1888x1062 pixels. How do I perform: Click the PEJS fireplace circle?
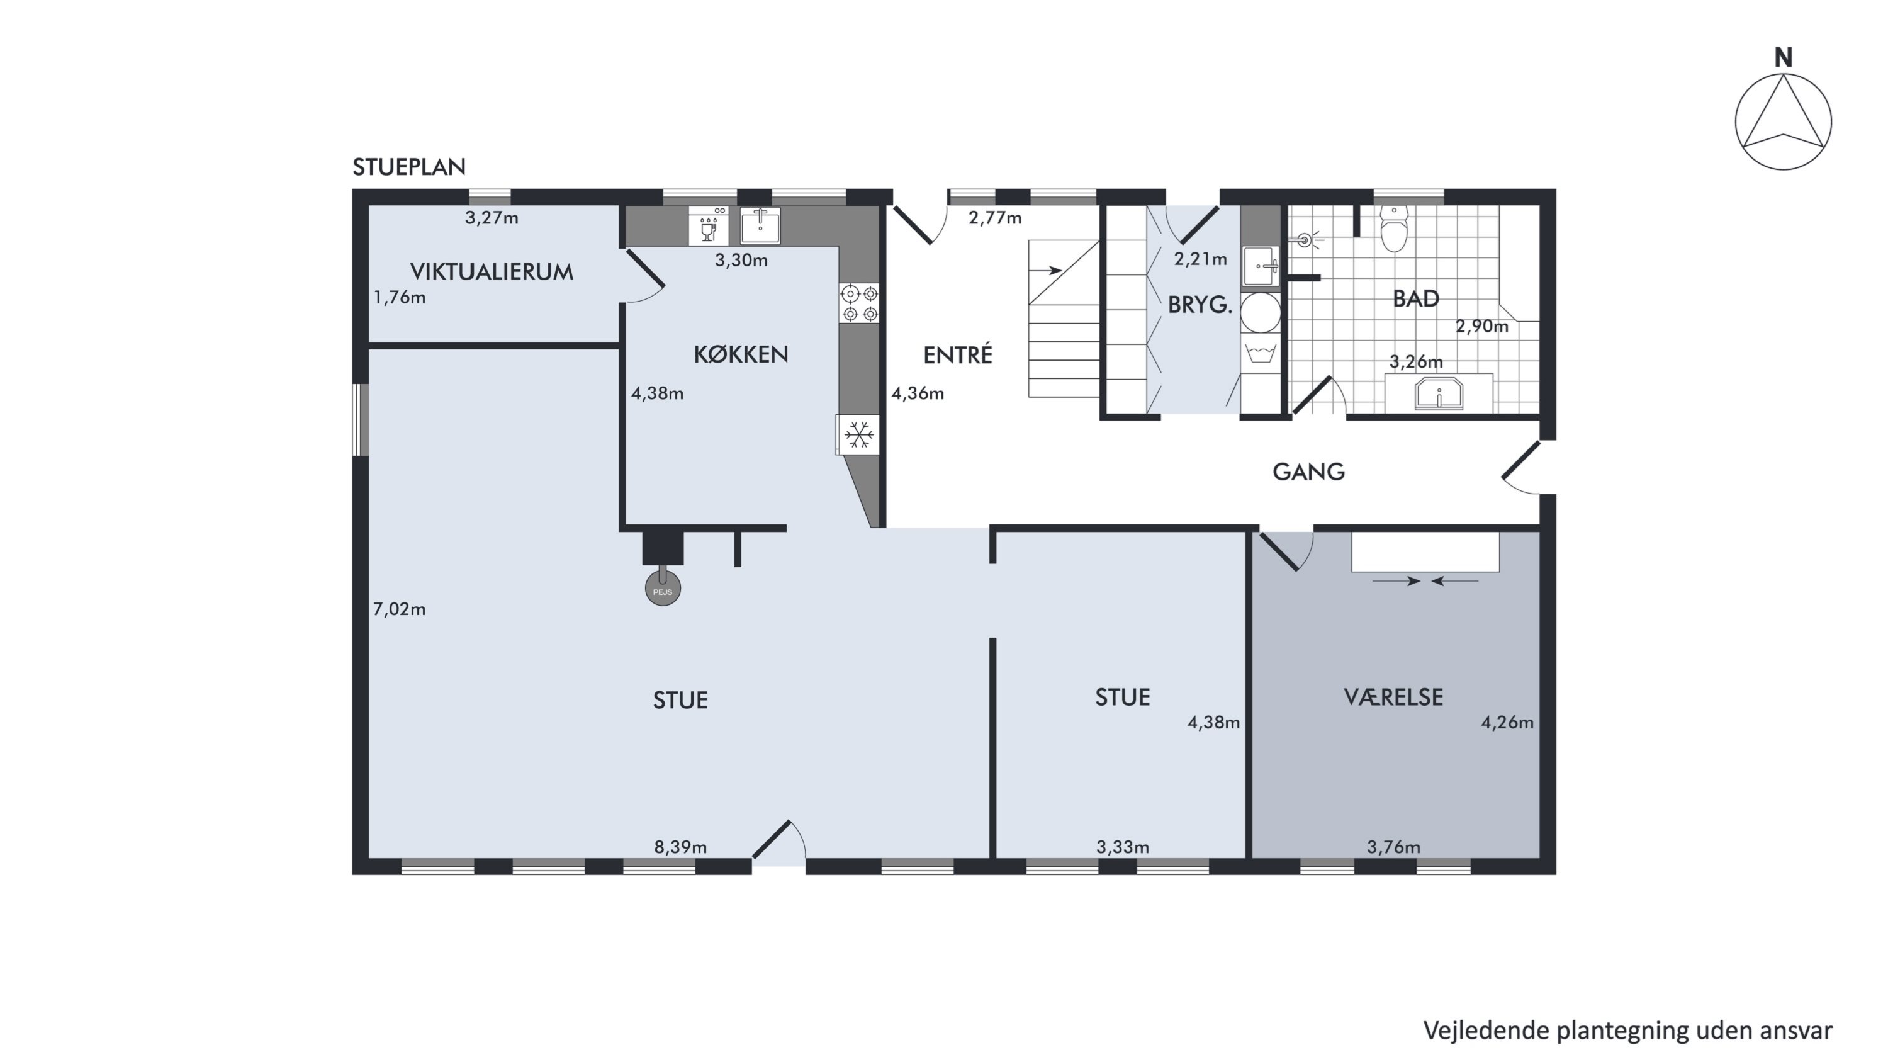pos(663,589)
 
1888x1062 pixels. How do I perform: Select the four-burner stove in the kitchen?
pos(860,303)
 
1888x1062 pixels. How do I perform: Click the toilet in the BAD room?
pos(1393,228)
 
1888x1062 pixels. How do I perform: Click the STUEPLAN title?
pos(409,167)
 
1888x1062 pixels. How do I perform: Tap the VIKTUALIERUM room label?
pos(491,272)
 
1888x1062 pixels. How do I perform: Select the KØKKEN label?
pos(741,354)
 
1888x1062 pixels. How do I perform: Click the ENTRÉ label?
pos(957,354)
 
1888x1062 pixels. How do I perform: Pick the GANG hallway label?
pos(1308,472)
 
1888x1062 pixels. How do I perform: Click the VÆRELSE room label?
pos(1393,696)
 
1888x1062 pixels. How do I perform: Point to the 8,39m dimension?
pos(680,847)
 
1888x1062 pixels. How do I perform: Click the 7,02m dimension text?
pos(400,609)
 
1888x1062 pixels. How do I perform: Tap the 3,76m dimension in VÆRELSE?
pos(1393,847)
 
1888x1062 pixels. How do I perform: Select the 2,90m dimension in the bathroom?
pos(1482,327)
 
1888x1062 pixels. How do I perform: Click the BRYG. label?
pos(1200,304)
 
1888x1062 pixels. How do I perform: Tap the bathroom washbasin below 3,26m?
pos(1439,394)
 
